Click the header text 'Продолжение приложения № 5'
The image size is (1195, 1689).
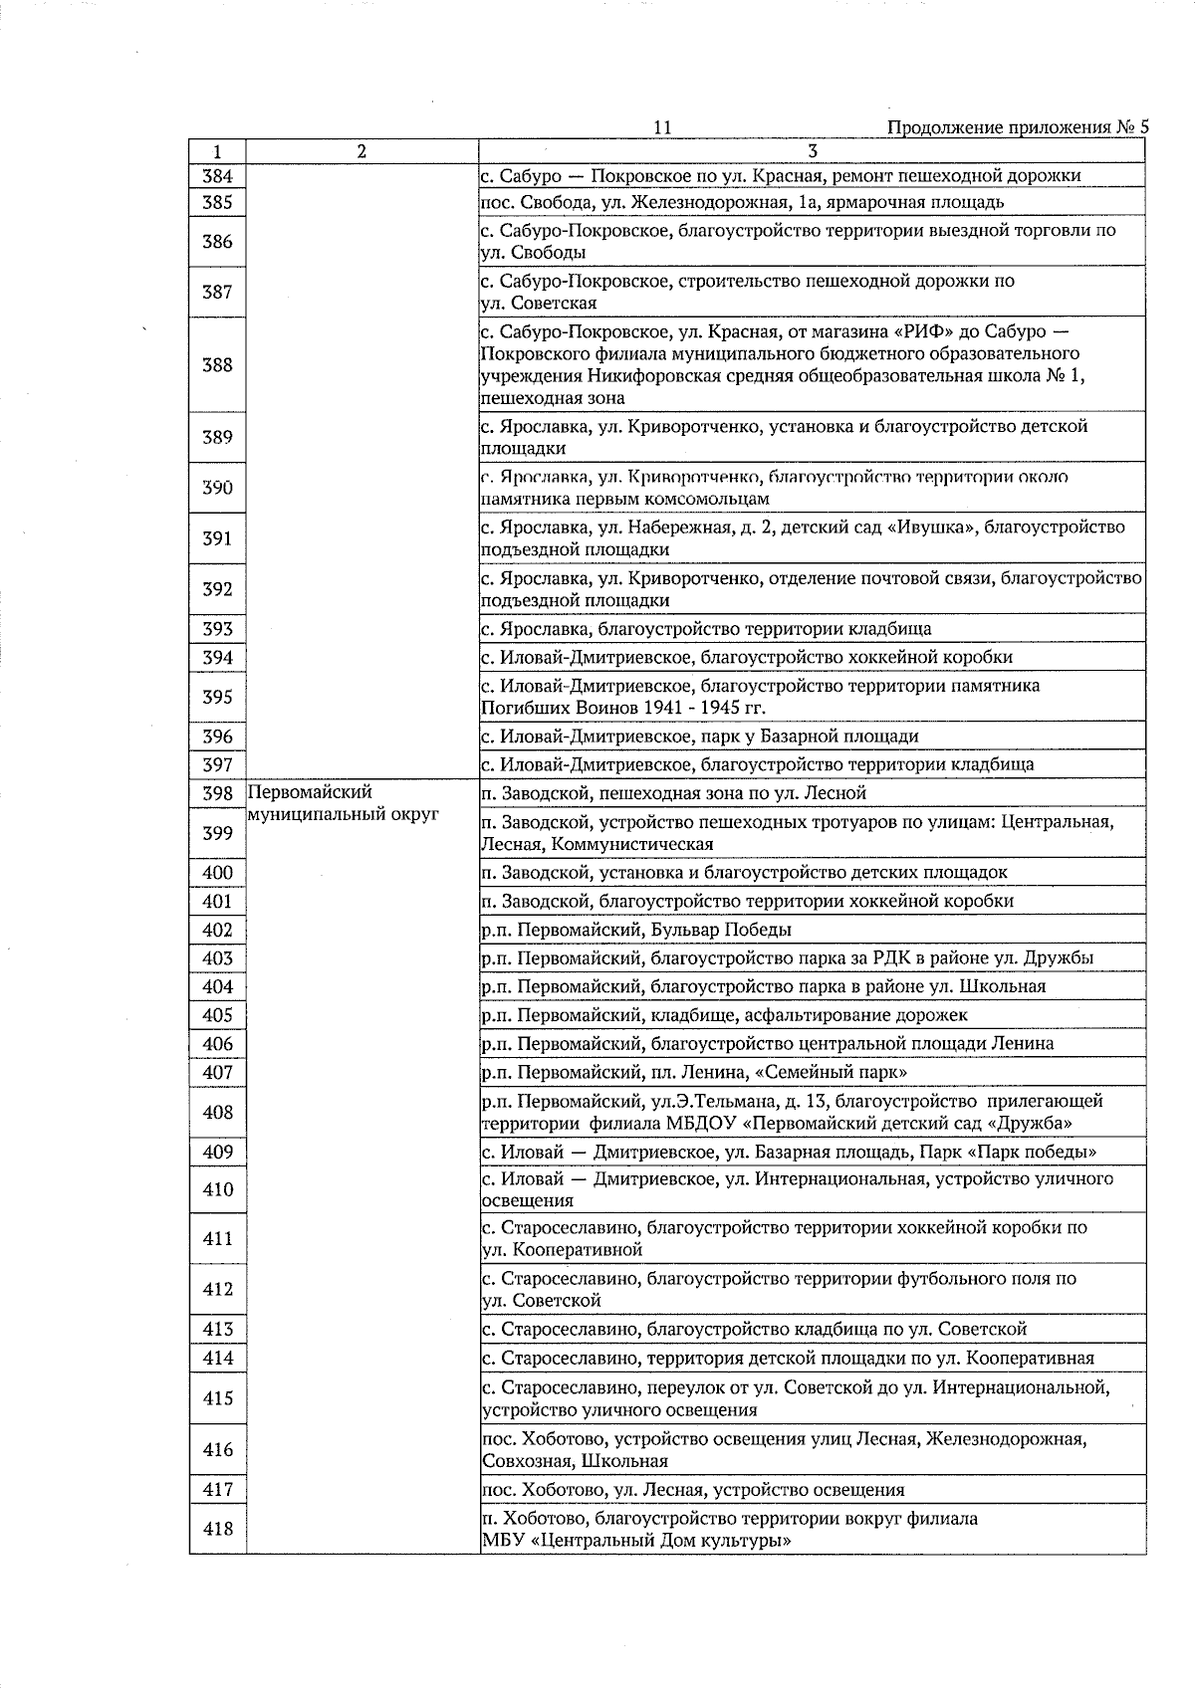tap(1017, 127)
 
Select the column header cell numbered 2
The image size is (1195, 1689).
tap(361, 151)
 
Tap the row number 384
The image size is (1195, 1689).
tap(217, 176)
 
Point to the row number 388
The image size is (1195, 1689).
tap(217, 365)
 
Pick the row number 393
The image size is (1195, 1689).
tap(217, 629)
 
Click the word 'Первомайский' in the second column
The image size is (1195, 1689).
tap(310, 793)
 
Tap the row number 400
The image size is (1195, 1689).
tap(217, 873)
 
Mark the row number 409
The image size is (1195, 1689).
tap(217, 1153)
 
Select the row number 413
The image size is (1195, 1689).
tap(217, 1330)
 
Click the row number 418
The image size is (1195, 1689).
tap(217, 1530)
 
